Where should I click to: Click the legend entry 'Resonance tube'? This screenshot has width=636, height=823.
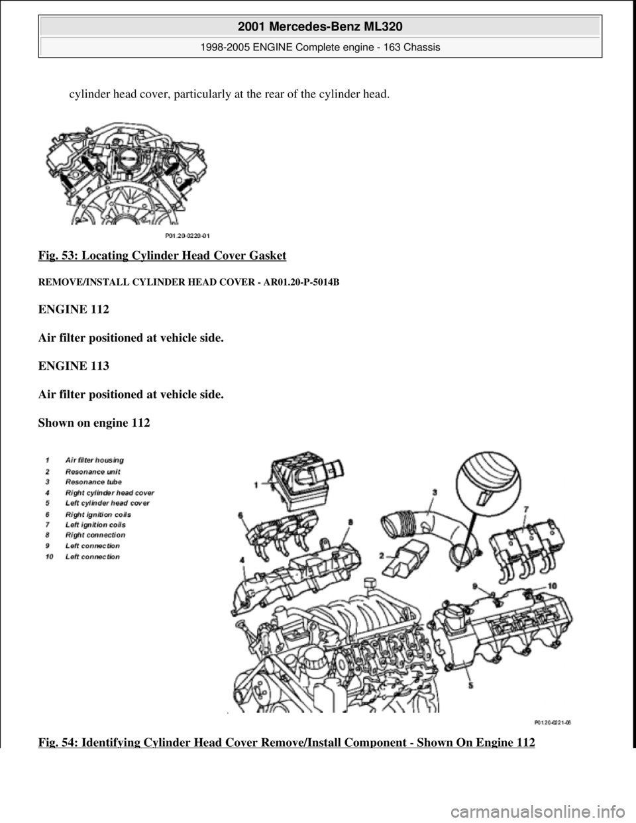click(93, 482)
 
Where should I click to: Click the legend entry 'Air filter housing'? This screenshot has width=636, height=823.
click(95, 459)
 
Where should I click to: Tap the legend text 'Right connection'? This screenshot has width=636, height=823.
click(95, 535)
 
